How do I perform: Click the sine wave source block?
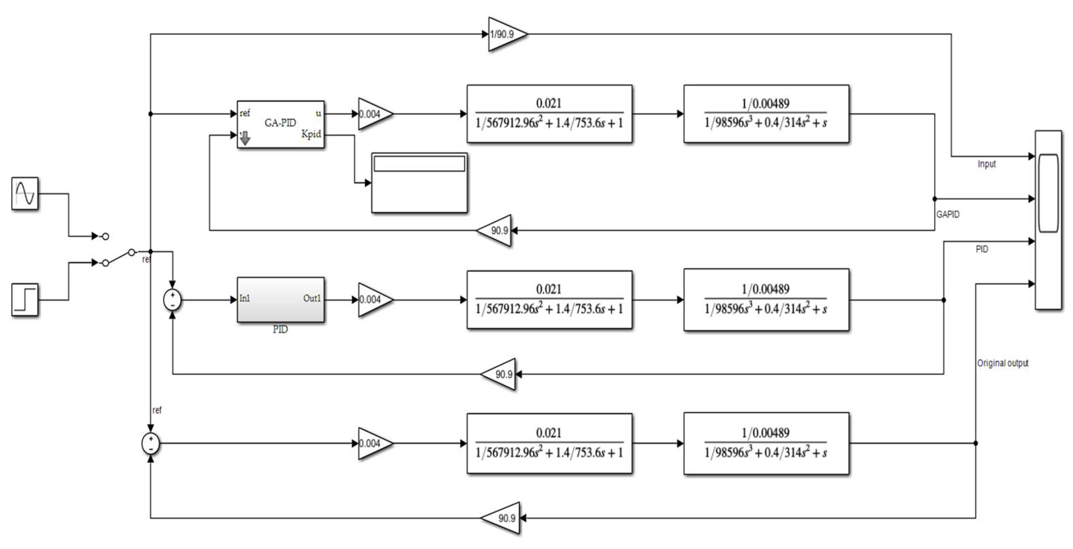coord(25,194)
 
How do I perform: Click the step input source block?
coord(25,299)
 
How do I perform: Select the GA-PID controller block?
coord(280,124)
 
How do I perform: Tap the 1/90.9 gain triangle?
coord(505,34)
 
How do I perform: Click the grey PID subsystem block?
coord(280,299)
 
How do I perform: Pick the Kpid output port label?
coord(311,134)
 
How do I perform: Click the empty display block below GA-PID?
coord(419,183)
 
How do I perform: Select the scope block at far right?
coord(1048,220)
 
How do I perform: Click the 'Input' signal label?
coord(987,164)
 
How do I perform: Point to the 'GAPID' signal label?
coord(948,214)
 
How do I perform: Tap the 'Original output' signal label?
coord(1003,363)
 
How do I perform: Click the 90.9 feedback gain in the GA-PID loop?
coord(496,230)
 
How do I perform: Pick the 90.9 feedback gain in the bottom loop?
coord(504,518)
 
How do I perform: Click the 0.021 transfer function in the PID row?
coord(549,299)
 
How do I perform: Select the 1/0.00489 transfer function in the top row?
coord(766,114)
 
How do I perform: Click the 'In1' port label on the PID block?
coord(245,299)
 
